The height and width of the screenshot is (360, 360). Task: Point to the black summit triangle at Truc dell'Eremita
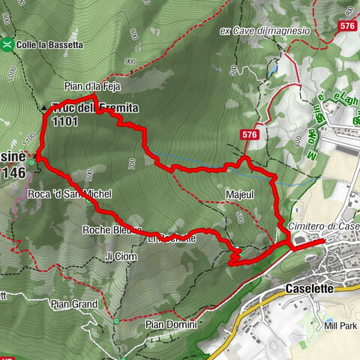coord(43,108)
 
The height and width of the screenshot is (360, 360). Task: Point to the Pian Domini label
coord(171,325)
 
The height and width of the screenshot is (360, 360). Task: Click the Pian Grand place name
coord(74,304)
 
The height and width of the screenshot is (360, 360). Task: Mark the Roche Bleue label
coord(112,229)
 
